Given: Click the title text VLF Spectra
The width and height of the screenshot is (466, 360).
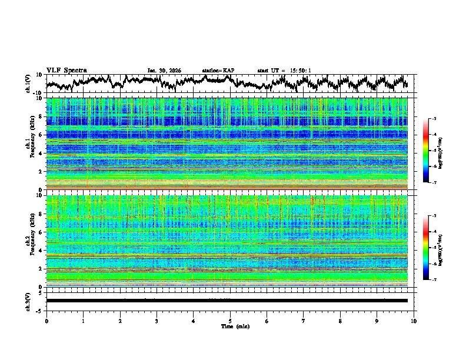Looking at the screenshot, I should click(x=66, y=70).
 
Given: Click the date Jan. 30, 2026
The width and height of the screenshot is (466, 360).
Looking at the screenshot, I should click(x=164, y=71).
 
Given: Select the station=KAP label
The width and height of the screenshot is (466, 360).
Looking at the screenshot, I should click(x=218, y=71).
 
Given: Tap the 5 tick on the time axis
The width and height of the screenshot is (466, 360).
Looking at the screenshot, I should click(x=230, y=321).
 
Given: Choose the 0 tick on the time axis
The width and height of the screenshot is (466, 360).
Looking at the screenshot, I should click(x=46, y=321).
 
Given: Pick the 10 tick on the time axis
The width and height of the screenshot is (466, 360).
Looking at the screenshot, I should click(x=414, y=321).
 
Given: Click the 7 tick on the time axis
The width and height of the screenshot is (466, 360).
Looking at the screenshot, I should click(x=304, y=321).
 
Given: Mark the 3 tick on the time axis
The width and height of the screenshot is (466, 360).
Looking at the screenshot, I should click(x=157, y=321).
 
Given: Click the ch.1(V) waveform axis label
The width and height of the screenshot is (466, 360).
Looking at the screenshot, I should click(x=28, y=84).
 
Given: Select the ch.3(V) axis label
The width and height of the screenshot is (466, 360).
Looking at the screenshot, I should click(x=28, y=300).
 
